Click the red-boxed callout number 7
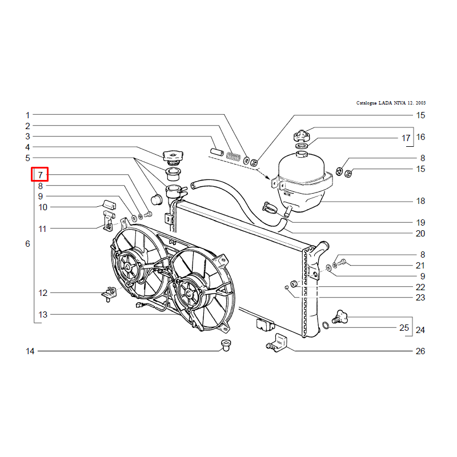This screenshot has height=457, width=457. [x=40, y=175]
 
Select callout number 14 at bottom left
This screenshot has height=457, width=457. [x=30, y=351]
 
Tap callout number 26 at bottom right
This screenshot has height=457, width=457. [x=420, y=351]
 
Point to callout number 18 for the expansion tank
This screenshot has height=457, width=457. [x=420, y=201]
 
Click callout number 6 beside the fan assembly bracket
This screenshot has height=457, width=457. [x=27, y=244]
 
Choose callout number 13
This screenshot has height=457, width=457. [x=43, y=315]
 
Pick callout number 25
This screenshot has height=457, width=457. [x=404, y=327]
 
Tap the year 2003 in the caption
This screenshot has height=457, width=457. [x=420, y=103]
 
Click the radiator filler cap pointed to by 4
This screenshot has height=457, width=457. [x=173, y=155]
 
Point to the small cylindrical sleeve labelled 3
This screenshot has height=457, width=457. [x=217, y=152]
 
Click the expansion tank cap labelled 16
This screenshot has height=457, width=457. [x=302, y=135]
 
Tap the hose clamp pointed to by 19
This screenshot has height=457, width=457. [x=270, y=207]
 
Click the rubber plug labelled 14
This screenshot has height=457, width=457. [x=226, y=345]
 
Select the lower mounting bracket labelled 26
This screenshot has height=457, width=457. [x=277, y=343]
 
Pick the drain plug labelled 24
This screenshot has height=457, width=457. [x=340, y=317]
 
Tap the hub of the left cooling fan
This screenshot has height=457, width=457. [x=128, y=267]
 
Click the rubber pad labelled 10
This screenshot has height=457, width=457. [x=109, y=205]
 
